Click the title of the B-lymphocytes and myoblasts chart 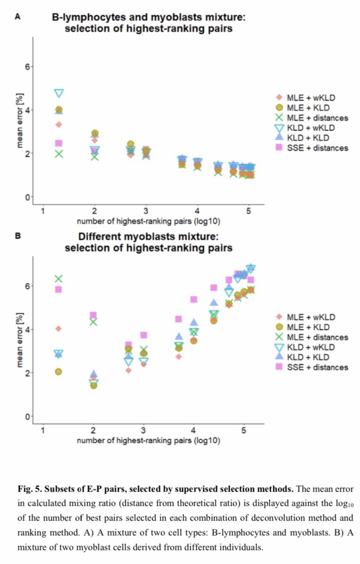[x=148, y=23]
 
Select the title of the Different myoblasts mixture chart [x=148, y=242]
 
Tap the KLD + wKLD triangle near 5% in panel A [x=59, y=93]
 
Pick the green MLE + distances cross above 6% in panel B [x=59, y=279]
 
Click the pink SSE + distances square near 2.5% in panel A [x=59, y=144]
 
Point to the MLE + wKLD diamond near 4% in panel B [x=59, y=329]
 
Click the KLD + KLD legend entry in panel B [x=310, y=357]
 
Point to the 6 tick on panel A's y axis [x=28, y=67]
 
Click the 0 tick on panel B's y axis [x=28, y=416]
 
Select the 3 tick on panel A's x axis [x=146, y=210]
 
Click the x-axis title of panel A [x=148, y=221]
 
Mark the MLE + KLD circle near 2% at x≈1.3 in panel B [x=59, y=372]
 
